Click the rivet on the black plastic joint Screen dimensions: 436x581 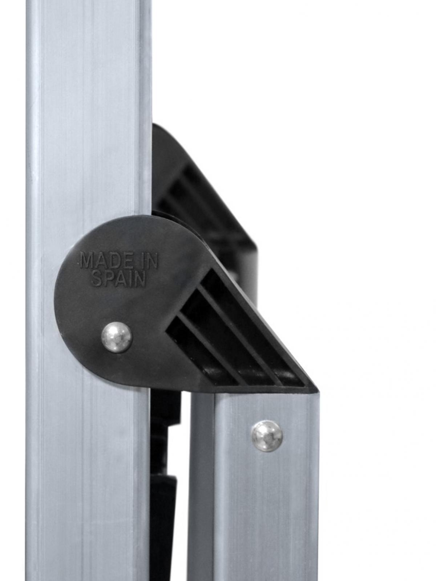[x=117, y=336]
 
